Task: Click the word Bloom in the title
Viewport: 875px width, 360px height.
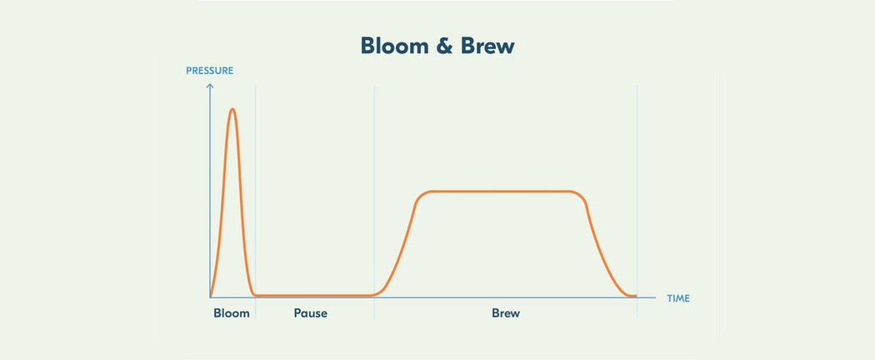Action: [x=394, y=46]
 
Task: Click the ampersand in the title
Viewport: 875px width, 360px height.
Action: [x=444, y=46]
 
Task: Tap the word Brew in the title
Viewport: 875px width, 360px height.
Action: [x=487, y=46]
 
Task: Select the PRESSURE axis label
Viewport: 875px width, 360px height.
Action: [x=209, y=71]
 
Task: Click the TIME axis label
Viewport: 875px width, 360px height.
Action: [x=678, y=298]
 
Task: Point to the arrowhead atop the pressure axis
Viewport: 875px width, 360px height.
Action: [x=210, y=86]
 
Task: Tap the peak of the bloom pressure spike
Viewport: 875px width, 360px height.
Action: [x=232, y=109]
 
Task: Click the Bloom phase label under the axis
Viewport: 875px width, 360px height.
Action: [x=232, y=313]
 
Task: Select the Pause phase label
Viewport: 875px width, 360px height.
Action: [x=310, y=313]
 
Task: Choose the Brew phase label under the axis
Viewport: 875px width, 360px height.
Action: [x=506, y=313]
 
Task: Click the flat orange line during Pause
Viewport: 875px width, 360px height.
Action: [x=314, y=295]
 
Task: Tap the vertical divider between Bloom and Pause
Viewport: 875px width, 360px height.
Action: [x=256, y=202]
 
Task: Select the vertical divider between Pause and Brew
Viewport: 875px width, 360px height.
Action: [x=374, y=202]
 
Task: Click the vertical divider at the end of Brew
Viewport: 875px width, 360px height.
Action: [x=637, y=202]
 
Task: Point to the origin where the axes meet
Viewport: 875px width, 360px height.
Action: [x=210, y=297]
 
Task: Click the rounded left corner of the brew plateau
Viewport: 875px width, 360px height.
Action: [x=422, y=195]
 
